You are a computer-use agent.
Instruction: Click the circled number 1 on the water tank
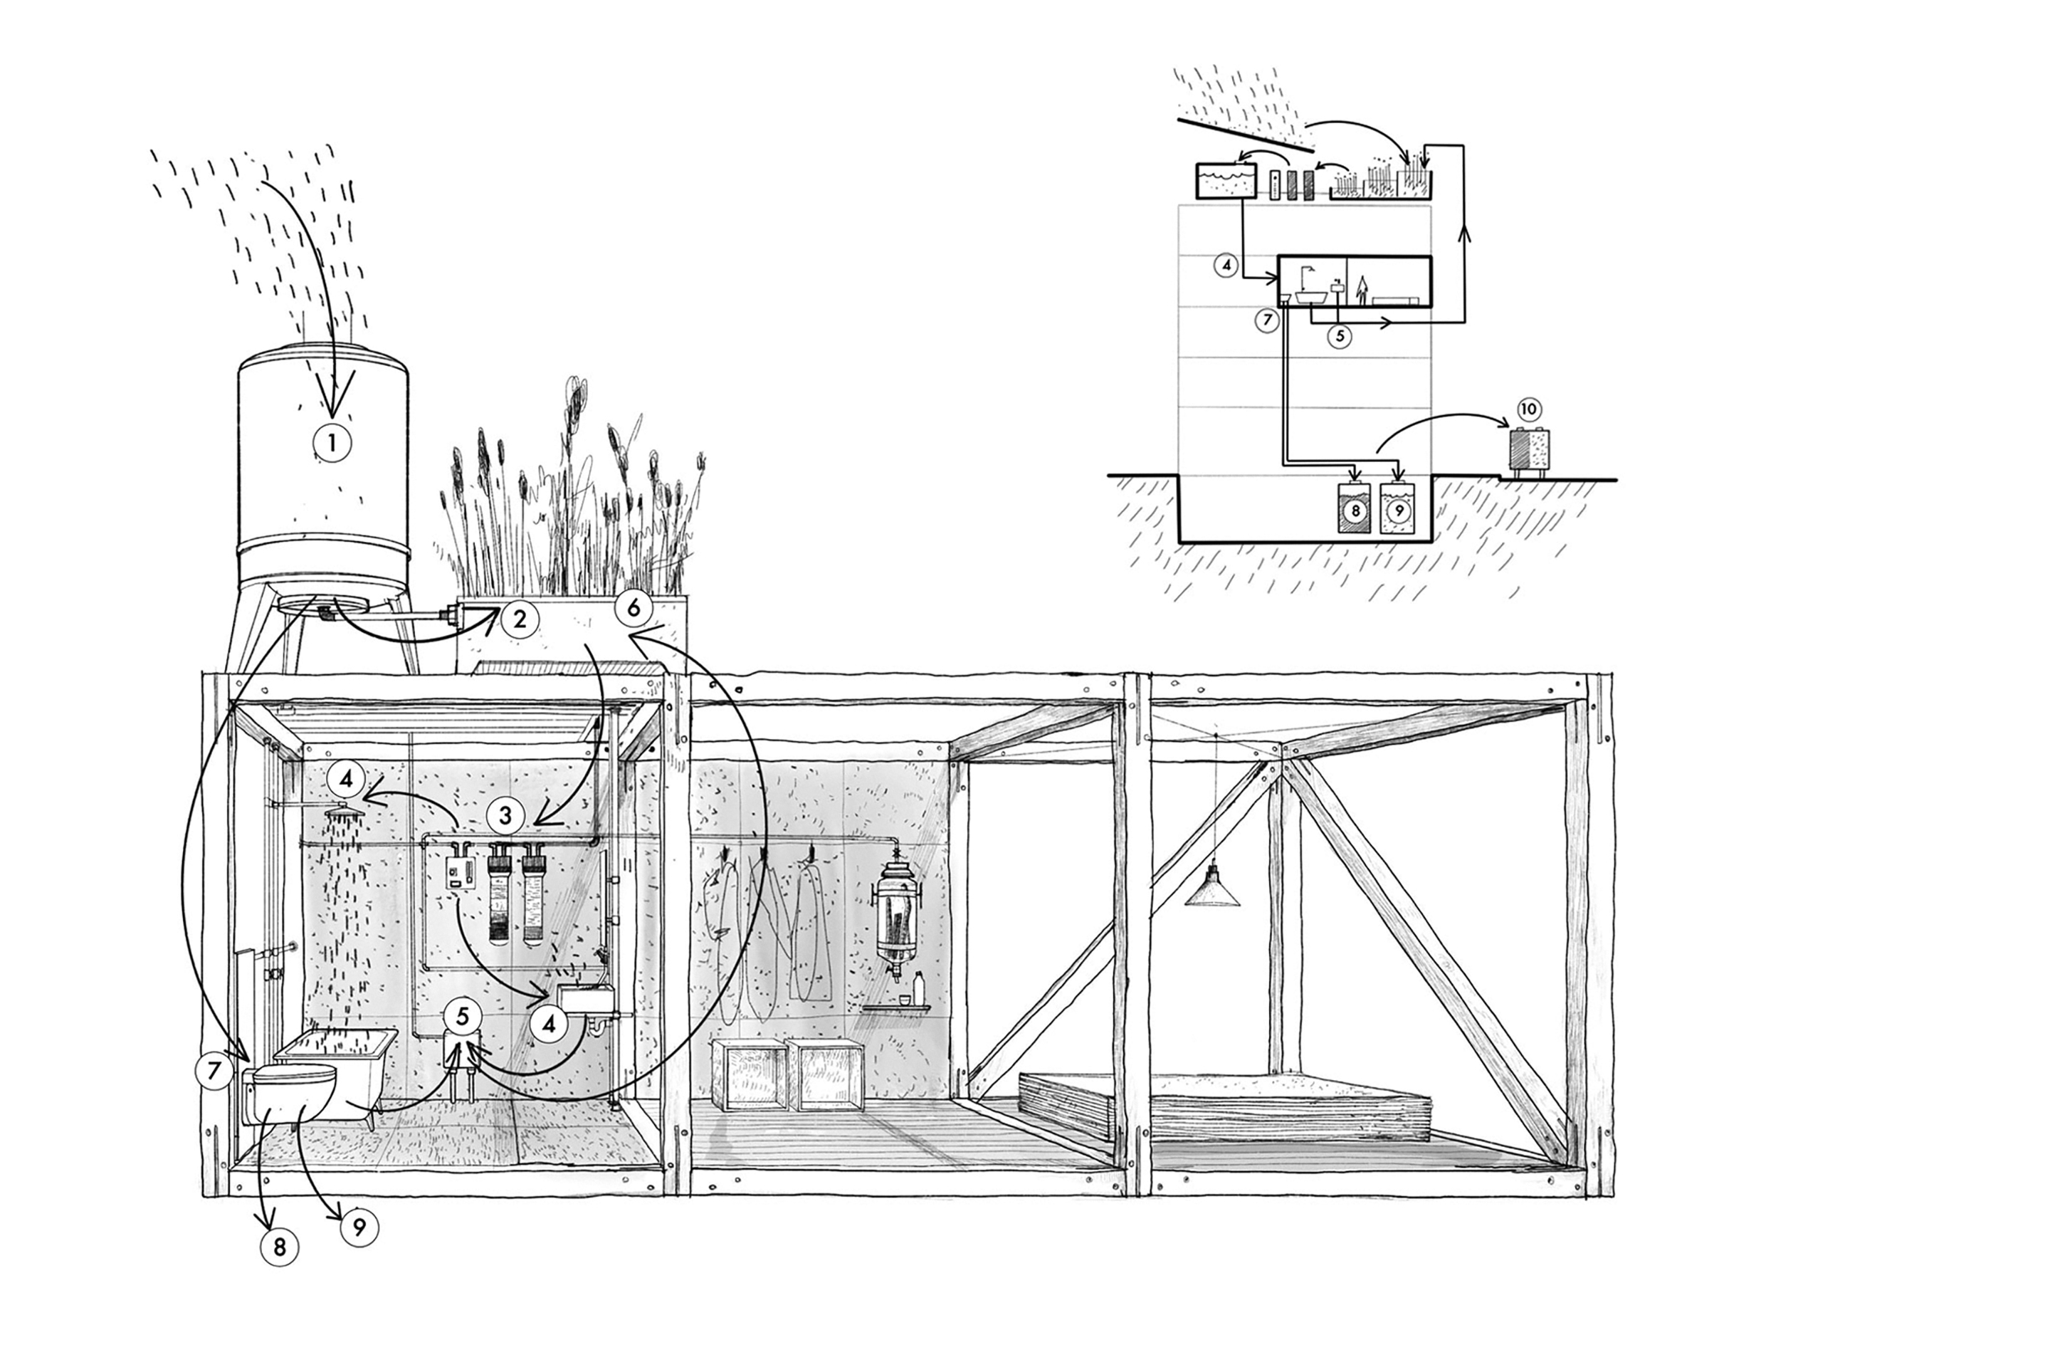tap(332, 443)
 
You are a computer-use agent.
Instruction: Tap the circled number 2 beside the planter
tap(520, 620)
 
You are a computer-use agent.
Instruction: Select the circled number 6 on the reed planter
tap(634, 607)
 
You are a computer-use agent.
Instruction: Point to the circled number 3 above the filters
tap(505, 816)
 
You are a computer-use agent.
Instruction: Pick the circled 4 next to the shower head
tap(347, 777)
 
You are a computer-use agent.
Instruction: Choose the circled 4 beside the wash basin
tap(549, 1025)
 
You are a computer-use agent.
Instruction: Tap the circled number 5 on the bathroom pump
tap(463, 1017)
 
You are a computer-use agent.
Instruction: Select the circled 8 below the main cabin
tap(279, 1247)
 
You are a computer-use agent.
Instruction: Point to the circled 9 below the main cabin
tap(359, 1227)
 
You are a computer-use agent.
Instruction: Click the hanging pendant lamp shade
tap(1212, 890)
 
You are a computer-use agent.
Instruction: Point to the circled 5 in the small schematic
tap(1340, 335)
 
